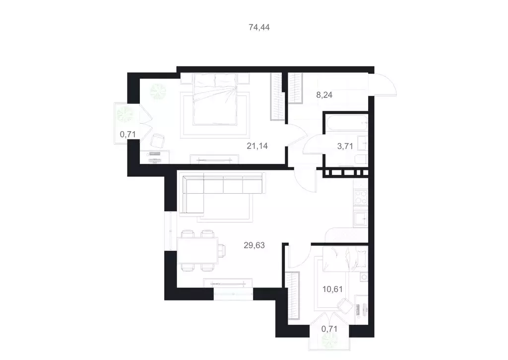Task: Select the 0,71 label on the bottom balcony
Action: pos(330,328)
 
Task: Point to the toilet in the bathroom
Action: pos(361,160)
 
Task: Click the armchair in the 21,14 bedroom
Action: pos(158,141)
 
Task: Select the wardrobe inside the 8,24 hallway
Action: pos(296,88)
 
